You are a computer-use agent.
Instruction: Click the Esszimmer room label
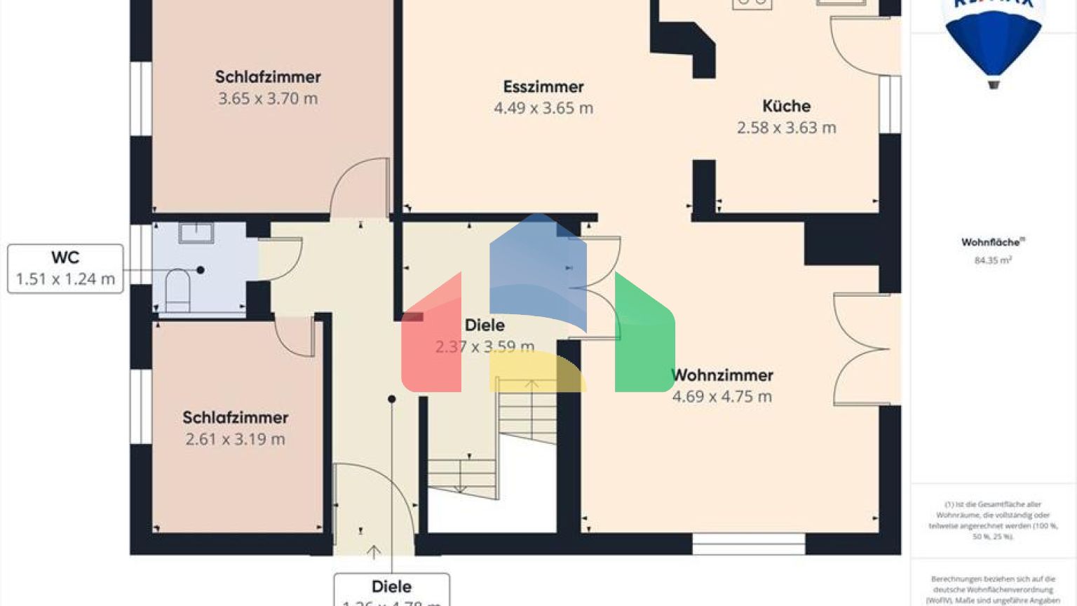pyautogui.click(x=543, y=87)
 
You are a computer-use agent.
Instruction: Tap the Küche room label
pyautogui.click(x=786, y=106)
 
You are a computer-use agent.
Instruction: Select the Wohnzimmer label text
pyautogui.click(x=722, y=375)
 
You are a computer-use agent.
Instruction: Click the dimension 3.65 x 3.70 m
pyautogui.click(x=268, y=99)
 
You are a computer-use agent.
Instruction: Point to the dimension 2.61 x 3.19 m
pyautogui.click(x=235, y=440)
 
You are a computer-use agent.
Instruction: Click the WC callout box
pyautogui.click(x=65, y=269)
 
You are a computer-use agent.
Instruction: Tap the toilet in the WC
pyautogui.click(x=177, y=290)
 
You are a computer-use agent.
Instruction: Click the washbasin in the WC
pyautogui.click(x=196, y=232)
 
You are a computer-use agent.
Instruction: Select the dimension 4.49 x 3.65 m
pyautogui.click(x=543, y=108)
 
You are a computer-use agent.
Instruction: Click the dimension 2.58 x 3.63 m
pyautogui.click(x=786, y=128)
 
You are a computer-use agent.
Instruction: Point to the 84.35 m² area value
pyautogui.click(x=992, y=261)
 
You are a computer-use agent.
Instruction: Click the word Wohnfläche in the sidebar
pyautogui.click(x=991, y=243)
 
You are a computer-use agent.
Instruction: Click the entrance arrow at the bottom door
pyautogui.click(x=374, y=552)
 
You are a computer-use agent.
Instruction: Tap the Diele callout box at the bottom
pyautogui.click(x=391, y=589)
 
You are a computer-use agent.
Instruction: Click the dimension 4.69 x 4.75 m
pyautogui.click(x=722, y=397)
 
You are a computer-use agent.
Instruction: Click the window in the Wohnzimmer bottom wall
pyautogui.click(x=748, y=544)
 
